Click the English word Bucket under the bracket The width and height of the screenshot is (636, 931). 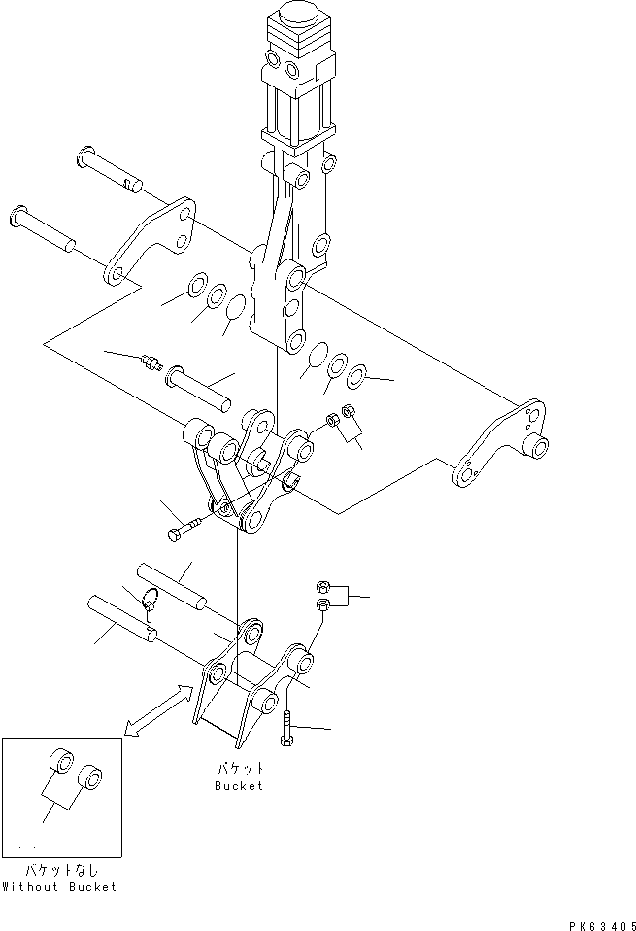point(239,786)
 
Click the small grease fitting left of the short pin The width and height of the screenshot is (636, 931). point(151,362)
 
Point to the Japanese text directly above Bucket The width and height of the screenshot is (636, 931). point(239,768)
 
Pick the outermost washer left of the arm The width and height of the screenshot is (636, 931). point(195,286)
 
